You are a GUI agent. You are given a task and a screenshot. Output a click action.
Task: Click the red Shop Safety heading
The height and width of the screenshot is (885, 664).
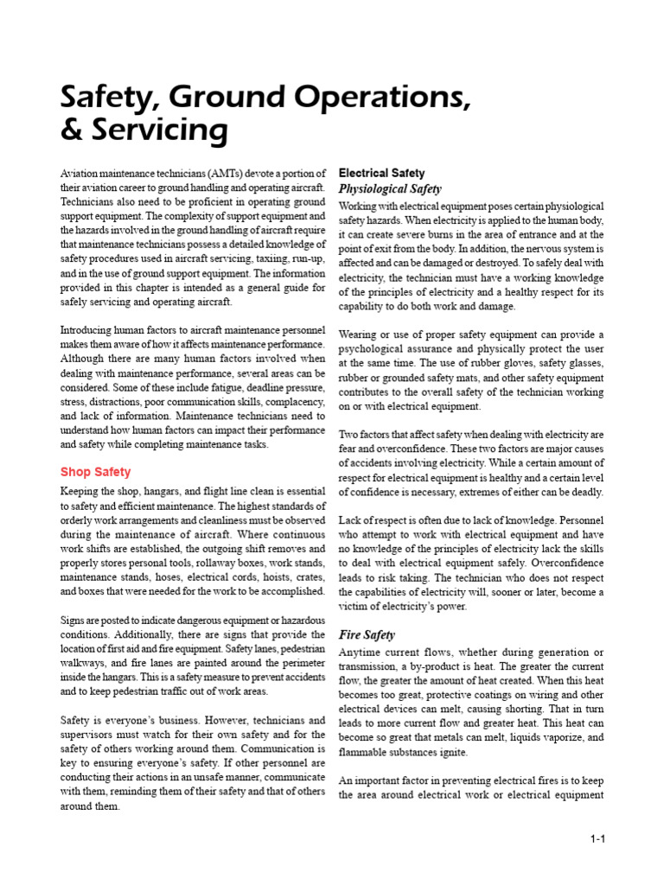(x=95, y=472)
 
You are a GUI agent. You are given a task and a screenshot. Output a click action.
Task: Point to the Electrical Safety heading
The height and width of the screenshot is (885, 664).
(x=381, y=173)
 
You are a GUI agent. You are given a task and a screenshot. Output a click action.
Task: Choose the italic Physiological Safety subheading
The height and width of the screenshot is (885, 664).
(x=390, y=188)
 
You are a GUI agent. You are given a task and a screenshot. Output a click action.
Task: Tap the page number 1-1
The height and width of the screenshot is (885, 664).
(x=597, y=839)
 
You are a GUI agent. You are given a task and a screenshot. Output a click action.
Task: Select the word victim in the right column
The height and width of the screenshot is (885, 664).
(x=354, y=607)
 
